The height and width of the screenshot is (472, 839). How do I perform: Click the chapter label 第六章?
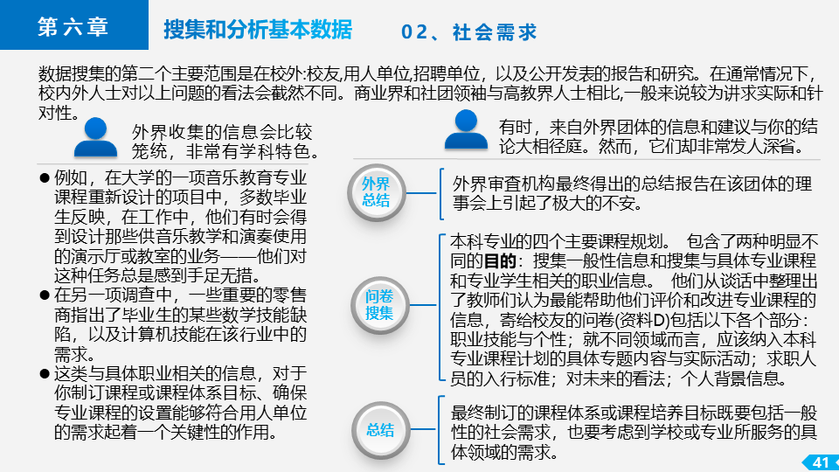coord(73,27)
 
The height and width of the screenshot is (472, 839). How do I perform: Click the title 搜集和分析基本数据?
coord(258,30)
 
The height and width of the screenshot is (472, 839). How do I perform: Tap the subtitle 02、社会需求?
coord(468,32)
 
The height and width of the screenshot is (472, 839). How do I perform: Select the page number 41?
coord(821,462)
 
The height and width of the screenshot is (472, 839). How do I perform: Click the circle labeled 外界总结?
coord(376,192)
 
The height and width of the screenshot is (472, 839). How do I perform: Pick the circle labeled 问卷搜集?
coord(379,304)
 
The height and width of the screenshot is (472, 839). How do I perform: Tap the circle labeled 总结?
coord(380,430)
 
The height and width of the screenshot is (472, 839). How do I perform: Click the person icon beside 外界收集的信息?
coord(95,137)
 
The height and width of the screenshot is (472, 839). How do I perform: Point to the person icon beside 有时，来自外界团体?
coord(466,129)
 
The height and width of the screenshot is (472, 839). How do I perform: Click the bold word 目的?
coord(500,261)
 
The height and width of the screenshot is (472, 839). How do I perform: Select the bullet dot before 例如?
coord(45,177)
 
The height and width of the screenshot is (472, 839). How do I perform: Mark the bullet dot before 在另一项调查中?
coord(45,295)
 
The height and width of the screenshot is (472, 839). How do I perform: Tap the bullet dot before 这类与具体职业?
coord(45,373)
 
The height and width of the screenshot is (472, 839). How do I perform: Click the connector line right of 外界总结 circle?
coord(421,192)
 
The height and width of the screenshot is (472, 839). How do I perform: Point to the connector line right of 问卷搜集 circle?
coord(423,305)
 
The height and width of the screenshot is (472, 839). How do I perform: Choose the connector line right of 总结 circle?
coord(423,429)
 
